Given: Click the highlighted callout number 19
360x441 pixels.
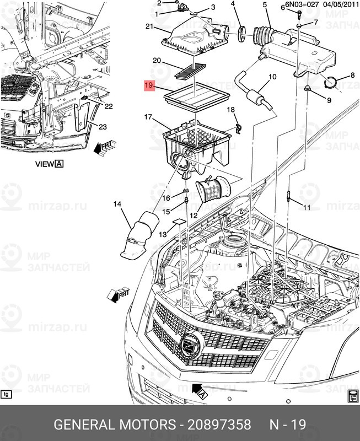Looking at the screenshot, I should click(148, 85).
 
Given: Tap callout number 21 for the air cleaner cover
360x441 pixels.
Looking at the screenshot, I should click(149, 26).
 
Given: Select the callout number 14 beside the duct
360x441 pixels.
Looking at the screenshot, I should click(117, 205).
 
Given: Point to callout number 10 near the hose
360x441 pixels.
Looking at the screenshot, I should click(272, 77).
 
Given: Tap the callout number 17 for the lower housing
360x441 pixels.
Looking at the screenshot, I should click(148, 117).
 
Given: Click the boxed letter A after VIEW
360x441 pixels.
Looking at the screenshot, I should click(59, 164).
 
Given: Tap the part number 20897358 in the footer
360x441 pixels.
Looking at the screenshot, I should click(220, 425).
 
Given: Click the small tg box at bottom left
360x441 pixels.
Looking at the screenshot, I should click(7, 394).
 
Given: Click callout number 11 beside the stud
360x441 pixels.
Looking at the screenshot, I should click(307, 207).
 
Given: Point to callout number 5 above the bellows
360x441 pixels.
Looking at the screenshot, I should click(265, 6).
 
